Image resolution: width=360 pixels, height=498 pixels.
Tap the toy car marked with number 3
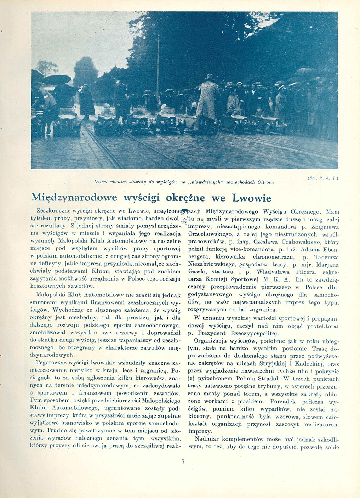coord(107,122)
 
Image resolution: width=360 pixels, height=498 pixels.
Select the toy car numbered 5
coord(169,121)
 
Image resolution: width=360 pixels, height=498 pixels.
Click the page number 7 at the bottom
coord(183,461)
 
